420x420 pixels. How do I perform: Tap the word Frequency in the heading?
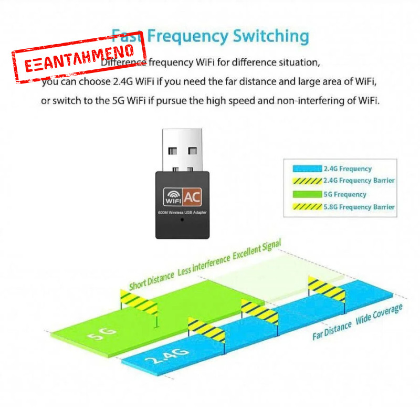pos(188,36)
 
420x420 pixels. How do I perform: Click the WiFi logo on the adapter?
pos(173,196)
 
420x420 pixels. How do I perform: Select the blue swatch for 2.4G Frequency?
pos(306,169)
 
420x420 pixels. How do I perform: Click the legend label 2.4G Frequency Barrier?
pos(359,181)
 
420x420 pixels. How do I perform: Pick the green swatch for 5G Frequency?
pos(306,194)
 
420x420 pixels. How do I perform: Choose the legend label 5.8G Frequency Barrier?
pos(359,207)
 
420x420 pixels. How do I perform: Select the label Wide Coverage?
pos(379,313)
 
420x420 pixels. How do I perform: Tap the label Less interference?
pos(204,265)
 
